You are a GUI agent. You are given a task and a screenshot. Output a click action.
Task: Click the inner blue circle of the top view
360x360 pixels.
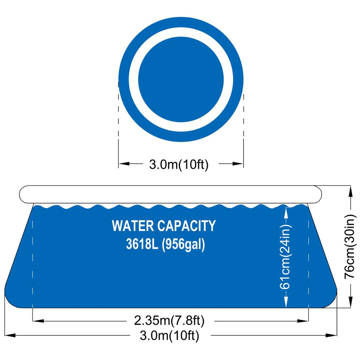pyautogui.click(x=181, y=79)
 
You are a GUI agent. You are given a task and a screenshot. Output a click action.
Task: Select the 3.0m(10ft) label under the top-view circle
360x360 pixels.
pyautogui.click(x=179, y=165)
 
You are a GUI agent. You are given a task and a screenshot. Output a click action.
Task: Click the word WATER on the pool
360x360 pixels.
pyautogui.click(x=132, y=226)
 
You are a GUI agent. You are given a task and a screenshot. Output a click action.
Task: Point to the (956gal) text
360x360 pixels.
pyautogui.click(x=183, y=246)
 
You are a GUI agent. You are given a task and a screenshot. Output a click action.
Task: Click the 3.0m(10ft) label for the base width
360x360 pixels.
pyautogui.click(x=169, y=337)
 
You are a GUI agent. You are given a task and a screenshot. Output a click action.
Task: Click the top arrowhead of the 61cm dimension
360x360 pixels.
pyautogui.click(x=286, y=211)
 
